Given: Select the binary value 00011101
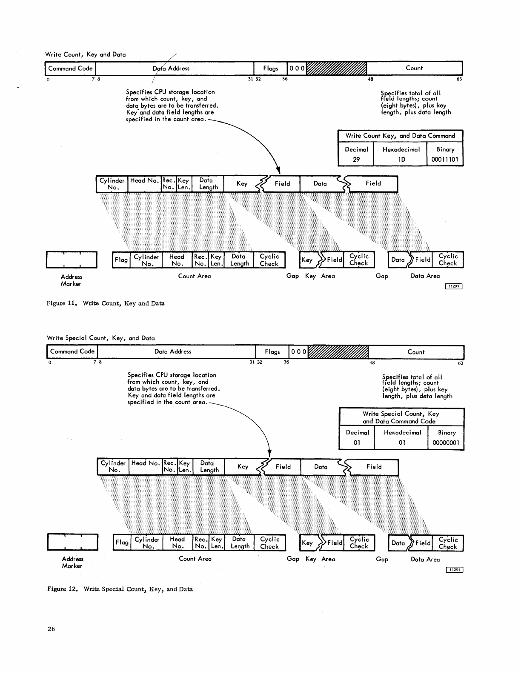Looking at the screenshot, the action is (x=445, y=160).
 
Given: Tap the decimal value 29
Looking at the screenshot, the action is (x=356, y=160).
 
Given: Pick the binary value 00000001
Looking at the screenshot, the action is (x=446, y=443).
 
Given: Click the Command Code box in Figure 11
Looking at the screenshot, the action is (x=70, y=69).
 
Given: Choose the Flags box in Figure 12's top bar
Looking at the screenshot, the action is (x=272, y=352).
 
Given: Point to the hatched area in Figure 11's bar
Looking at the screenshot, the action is (x=336, y=69).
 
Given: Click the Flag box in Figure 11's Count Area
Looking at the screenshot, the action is (x=121, y=260).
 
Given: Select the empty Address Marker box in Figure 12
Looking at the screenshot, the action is (x=73, y=542).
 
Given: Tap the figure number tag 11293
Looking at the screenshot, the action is (x=453, y=286).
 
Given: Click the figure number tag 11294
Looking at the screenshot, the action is (x=455, y=570).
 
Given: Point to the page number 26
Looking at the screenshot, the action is (x=51, y=629).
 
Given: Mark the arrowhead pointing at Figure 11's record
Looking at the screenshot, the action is (x=277, y=171).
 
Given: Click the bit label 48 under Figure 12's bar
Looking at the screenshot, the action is (x=372, y=363).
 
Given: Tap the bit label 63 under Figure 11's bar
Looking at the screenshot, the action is (x=459, y=79).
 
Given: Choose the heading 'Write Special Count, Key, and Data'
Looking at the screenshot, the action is (x=100, y=338).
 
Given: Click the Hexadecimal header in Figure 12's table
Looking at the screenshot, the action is (x=402, y=433).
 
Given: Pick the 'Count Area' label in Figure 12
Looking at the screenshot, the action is (x=195, y=559).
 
